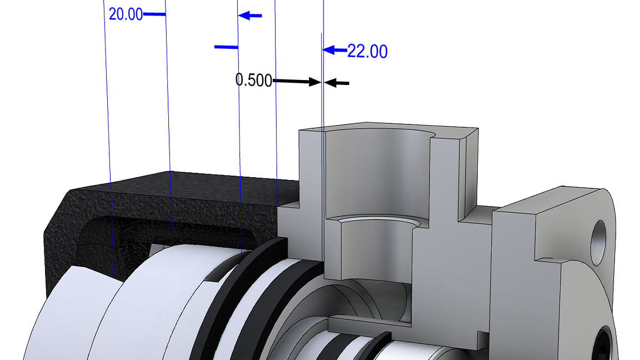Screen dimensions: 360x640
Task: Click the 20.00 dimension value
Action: click(126, 14)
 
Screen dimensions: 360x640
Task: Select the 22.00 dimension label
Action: click(367, 51)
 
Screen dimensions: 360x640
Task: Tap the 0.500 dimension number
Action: click(253, 80)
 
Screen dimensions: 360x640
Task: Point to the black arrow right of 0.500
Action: click(297, 82)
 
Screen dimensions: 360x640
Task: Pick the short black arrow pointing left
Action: click(337, 83)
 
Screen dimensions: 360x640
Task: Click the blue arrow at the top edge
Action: click(250, 16)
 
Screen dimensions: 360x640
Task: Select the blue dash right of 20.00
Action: click(154, 14)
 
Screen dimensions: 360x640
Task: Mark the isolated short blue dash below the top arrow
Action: click(226, 47)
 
